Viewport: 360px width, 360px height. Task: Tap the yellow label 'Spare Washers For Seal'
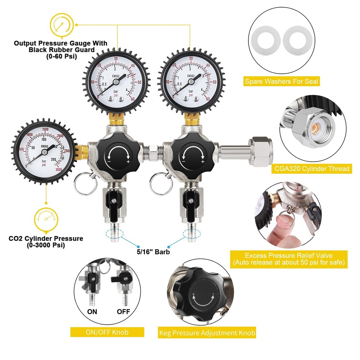coord(282,81)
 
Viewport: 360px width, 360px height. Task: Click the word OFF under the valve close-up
coord(123,311)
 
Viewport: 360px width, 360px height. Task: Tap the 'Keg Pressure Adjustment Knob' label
coord(207,333)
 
